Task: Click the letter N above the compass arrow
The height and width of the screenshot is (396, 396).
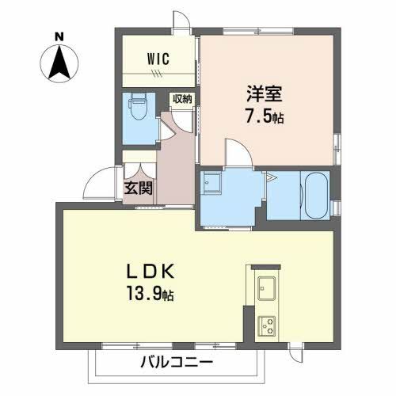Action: (x=59, y=36)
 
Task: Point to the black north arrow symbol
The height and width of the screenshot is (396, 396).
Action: (x=59, y=63)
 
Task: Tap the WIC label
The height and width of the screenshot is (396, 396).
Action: (x=157, y=57)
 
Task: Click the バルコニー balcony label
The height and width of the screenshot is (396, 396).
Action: (x=177, y=363)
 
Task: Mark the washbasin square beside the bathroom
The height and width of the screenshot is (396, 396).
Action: (x=213, y=185)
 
